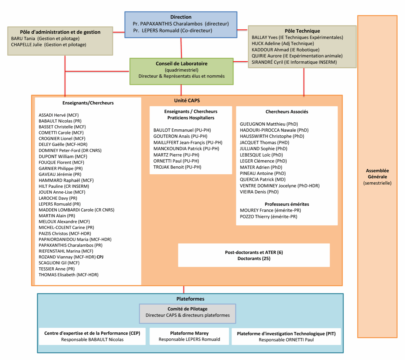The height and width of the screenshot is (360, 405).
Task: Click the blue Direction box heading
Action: [181, 17]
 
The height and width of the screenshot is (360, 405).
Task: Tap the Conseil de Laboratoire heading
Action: [181, 64]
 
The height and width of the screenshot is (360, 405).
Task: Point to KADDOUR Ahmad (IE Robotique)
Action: [285, 50]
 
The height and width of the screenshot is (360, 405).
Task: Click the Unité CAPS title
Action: [187, 101]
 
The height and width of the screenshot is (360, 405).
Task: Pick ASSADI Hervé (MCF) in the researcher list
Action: [59, 115]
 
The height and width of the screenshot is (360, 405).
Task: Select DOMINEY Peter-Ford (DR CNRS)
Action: [70, 151]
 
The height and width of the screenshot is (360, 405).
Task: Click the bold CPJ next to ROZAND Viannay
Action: [100, 257]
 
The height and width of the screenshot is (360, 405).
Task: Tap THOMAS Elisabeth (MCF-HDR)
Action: [68, 275]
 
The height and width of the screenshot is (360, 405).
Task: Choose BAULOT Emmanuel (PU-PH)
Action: [182, 130]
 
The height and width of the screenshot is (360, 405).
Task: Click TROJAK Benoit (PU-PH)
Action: [177, 167]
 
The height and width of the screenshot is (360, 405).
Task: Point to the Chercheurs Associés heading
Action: [287, 112]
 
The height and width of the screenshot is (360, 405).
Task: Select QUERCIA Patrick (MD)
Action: [263, 180]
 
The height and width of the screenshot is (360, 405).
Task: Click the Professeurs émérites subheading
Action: [287, 204]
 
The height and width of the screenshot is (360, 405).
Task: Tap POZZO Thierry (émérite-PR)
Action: [269, 217]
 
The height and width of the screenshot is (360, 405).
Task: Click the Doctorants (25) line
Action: [254, 259]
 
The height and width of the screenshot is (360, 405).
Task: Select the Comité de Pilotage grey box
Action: [187, 313]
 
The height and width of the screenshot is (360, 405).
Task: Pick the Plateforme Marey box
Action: [189, 336]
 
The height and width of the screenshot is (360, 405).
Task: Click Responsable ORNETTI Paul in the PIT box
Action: [286, 340]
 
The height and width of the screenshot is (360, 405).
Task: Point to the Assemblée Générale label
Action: [377, 174]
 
